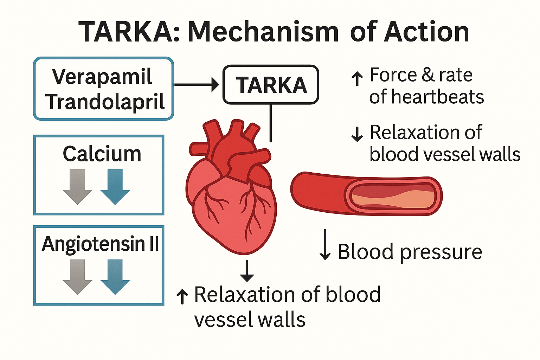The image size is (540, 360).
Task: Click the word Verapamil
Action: [102, 77]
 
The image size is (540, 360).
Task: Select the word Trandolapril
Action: [105, 102]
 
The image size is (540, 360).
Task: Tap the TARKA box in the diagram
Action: [271, 85]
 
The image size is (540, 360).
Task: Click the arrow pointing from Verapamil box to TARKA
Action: [197, 85]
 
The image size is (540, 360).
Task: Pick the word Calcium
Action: [102, 154]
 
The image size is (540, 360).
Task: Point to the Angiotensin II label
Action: [101, 244]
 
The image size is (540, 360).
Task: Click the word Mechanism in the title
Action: [263, 32]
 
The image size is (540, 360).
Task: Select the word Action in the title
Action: [426, 32]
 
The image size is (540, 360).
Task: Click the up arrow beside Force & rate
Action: [357, 78]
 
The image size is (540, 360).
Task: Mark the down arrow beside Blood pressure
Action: [325, 245]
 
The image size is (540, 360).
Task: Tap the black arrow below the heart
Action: [247, 271]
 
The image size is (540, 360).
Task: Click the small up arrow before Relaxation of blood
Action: [182, 296]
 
